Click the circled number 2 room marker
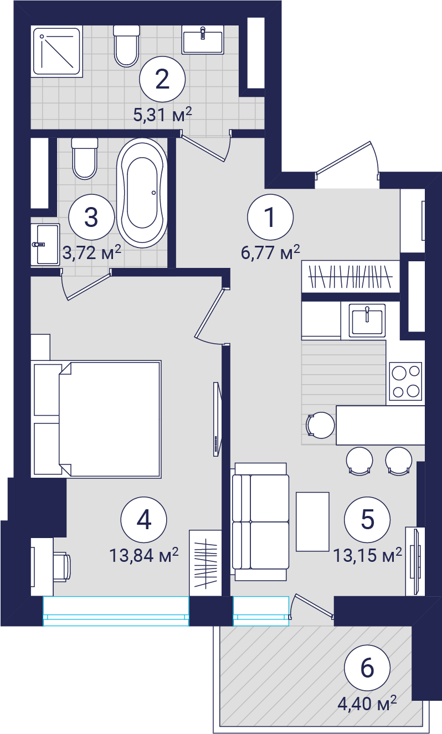tap(162, 79)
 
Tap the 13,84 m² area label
tap(143, 555)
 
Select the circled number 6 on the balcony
tap(367, 668)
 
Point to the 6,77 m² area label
tap(270, 252)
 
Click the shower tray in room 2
tap(57, 51)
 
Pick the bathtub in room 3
tap(142, 193)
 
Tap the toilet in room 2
tap(127, 46)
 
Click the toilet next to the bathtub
tap(85, 158)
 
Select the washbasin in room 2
tap(203, 40)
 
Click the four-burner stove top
tap(406, 381)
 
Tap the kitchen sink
tap(367, 321)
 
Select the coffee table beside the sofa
tap(312, 521)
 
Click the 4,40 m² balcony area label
tap(367, 704)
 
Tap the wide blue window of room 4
tap(116, 611)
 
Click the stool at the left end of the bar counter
tap(320, 425)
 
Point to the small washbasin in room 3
tap(45, 244)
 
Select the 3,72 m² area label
tap(92, 252)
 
